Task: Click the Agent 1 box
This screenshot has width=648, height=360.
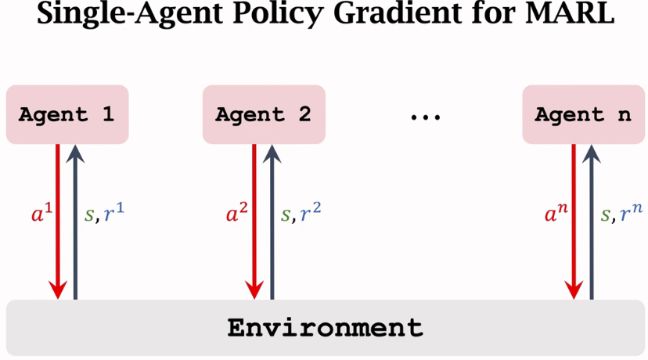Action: coord(67,115)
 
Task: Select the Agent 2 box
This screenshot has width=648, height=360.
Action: coord(263,115)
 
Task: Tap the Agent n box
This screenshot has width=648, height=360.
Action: coord(583,115)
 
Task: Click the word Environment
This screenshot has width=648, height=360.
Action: coord(325,327)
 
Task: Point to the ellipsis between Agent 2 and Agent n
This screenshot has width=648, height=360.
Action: coord(425,117)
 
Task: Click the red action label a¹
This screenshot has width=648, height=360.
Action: coord(41,214)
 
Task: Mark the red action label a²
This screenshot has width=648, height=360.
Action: coord(237,214)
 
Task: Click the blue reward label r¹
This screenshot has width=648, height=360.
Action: coord(113,214)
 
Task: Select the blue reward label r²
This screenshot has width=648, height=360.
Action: coord(311,214)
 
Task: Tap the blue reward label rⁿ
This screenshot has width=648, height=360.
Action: coord(631,214)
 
